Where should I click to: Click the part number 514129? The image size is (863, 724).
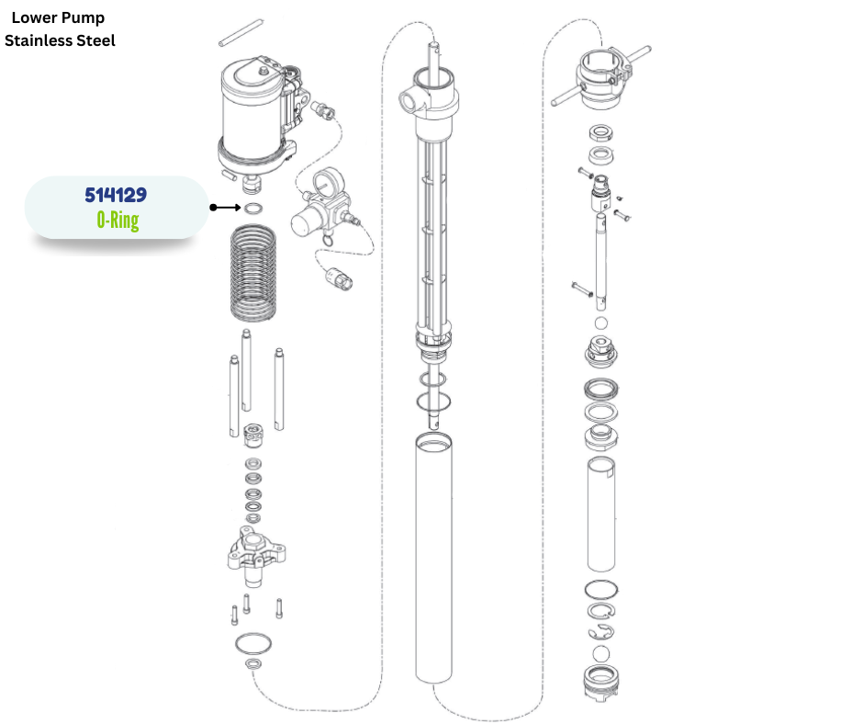116,196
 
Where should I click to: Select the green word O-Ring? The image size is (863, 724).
116,220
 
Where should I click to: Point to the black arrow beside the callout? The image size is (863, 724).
225,208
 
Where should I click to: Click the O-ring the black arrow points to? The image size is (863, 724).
254,208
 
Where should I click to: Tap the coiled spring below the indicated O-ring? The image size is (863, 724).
251,274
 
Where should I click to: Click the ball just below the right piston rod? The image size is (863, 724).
601,323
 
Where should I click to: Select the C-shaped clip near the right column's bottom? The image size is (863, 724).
601,631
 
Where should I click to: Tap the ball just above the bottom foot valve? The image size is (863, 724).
601,653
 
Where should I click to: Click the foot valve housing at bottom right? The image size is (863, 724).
601,685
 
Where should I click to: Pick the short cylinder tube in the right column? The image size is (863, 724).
601,514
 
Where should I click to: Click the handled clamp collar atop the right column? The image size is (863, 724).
601,73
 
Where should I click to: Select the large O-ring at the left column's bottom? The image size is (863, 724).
253,641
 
